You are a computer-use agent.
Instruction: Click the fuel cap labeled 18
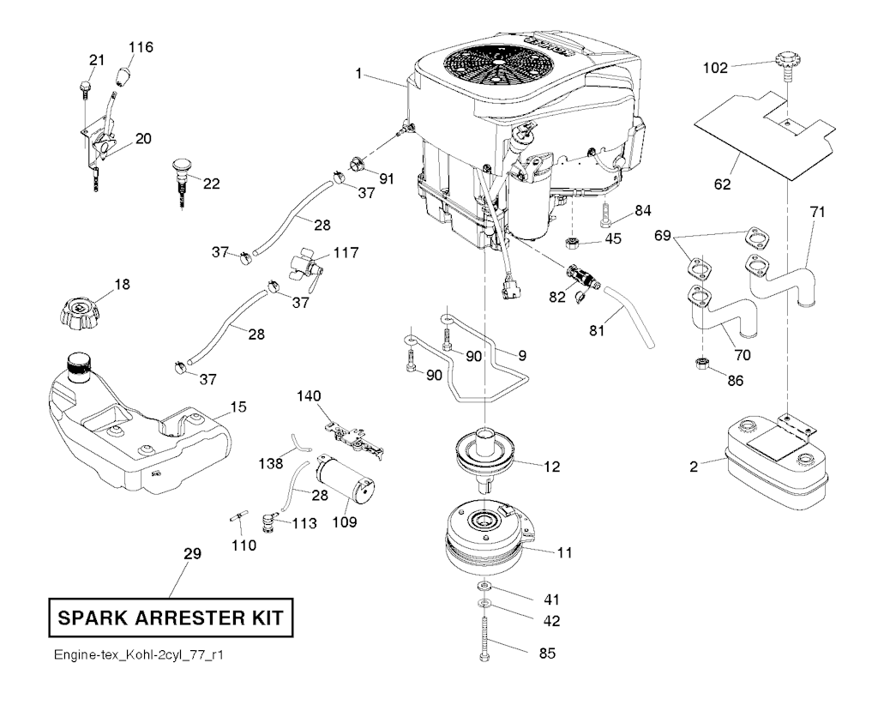79,310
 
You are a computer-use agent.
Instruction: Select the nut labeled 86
701,364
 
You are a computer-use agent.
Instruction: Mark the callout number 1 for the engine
358,74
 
